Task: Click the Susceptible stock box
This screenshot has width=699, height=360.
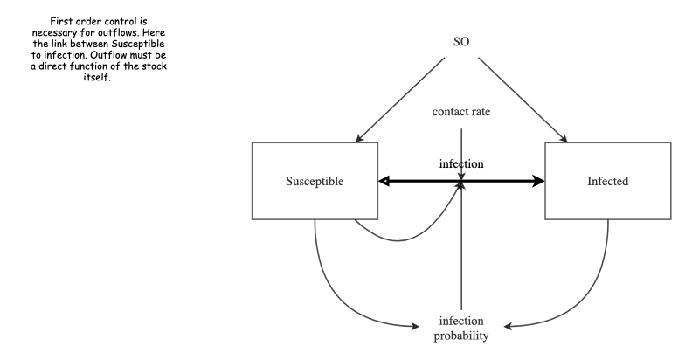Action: pos(314,182)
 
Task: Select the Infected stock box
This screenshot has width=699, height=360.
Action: pos(607,182)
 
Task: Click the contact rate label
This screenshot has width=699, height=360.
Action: pos(460,113)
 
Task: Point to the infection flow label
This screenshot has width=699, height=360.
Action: pos(460,163)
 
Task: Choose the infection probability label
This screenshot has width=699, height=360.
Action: pos(460,328)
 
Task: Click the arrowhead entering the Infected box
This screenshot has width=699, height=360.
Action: pos(537,182)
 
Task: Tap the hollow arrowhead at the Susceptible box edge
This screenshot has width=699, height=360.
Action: pos(384,182)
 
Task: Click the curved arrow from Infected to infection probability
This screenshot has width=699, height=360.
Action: pos(568,301)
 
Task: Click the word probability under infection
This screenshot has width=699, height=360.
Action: pos(460,336)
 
